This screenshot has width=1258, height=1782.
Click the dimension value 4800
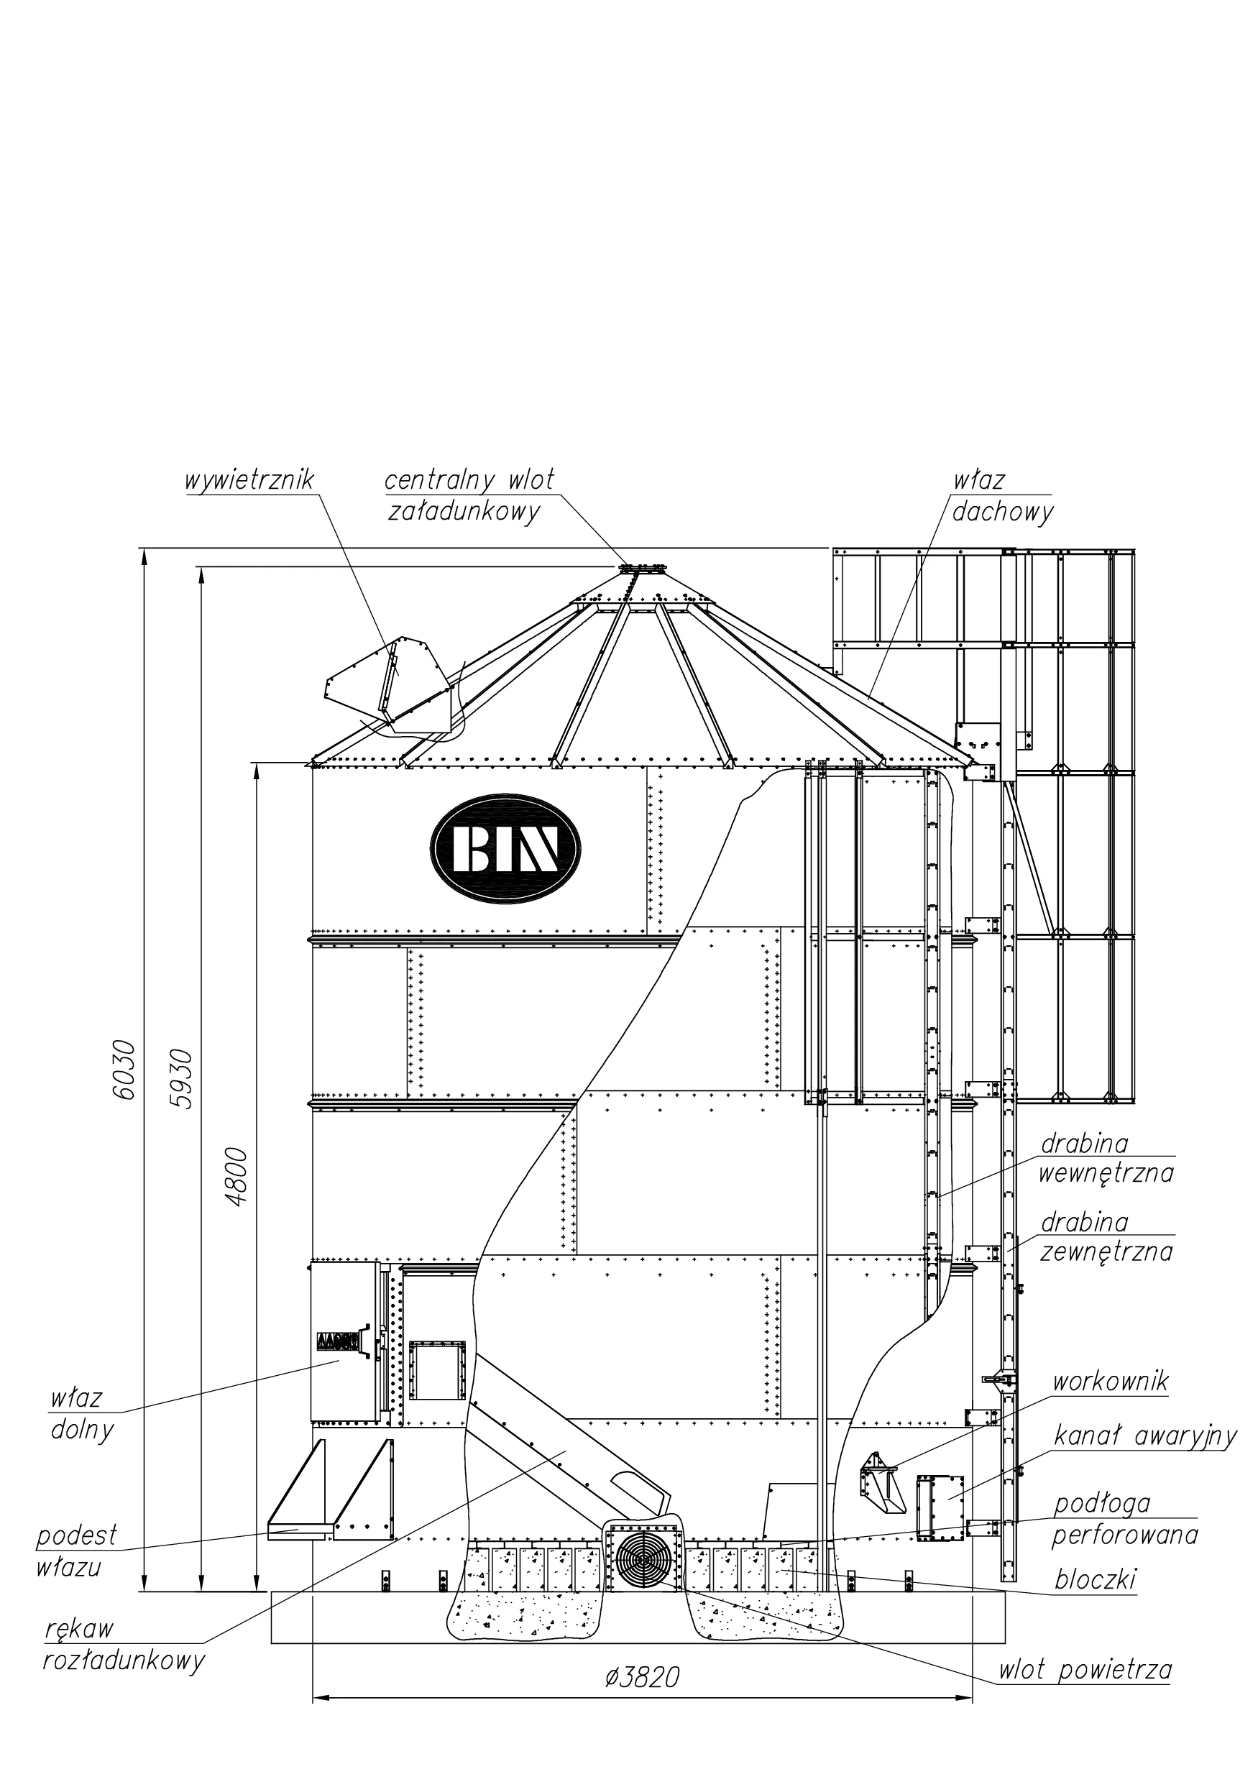click(237, 1176)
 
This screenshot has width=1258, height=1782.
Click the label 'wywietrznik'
click(249, 480)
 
